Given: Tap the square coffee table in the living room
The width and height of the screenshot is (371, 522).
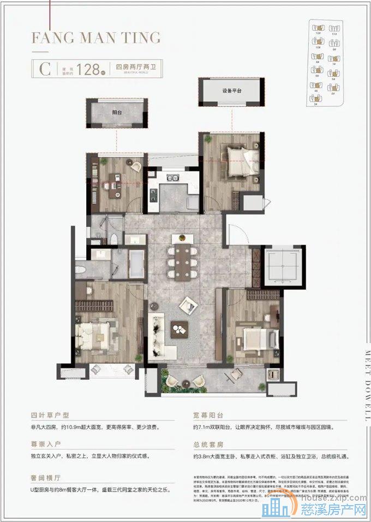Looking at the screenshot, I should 179,328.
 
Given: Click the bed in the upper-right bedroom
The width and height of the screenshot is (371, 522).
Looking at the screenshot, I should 238,159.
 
